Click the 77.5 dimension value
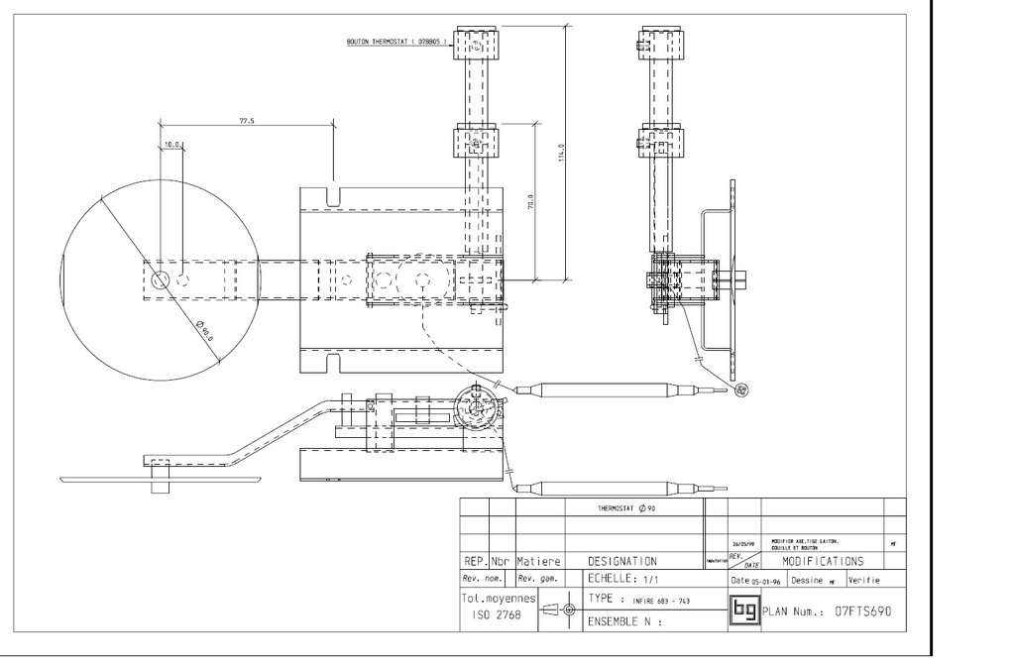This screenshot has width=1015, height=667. tap(247, 121)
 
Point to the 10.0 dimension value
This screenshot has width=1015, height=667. tap(172, 145)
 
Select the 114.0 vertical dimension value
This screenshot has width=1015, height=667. tap(561, 155)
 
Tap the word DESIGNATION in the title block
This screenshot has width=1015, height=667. tap(621, 561)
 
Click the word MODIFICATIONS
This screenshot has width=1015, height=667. tap(822, 561)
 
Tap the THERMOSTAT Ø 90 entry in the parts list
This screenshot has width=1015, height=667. tap(623, 507)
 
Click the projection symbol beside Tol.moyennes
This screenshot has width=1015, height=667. tap(561, 609)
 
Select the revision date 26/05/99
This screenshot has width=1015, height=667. tap(743, 544)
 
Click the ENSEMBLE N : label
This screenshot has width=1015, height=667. tap(623, 623)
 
